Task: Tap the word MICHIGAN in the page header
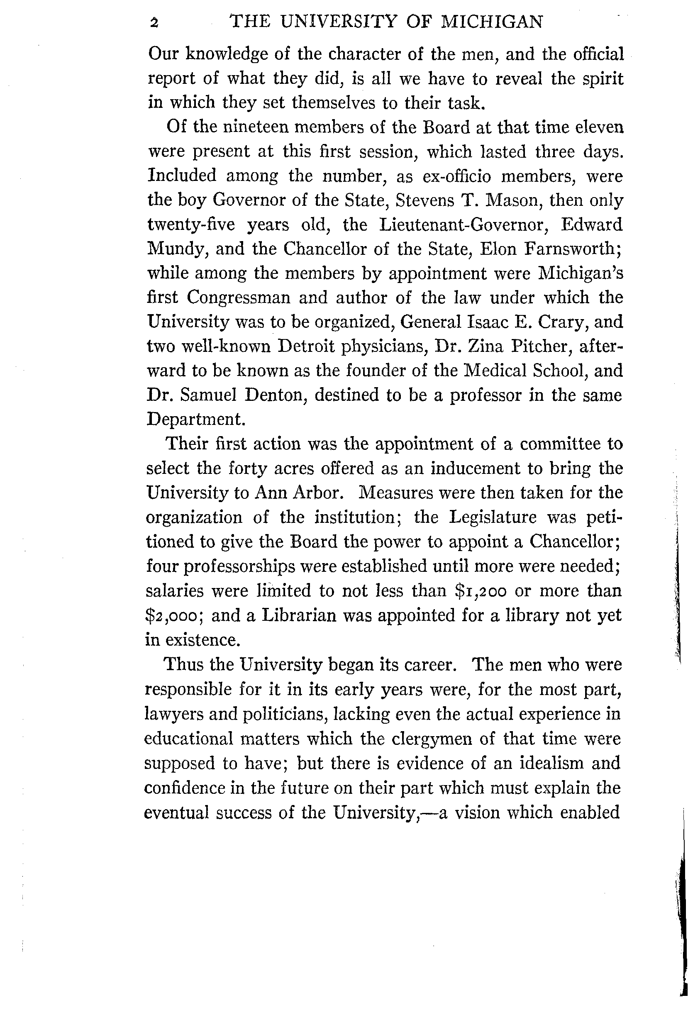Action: click(x=492, y=22)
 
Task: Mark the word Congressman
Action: click(x=239, y=298)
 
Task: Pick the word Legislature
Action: click(x=493, y=517)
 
